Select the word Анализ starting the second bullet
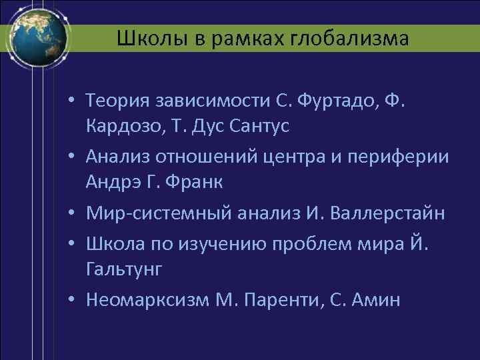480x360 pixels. (118, 157)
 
